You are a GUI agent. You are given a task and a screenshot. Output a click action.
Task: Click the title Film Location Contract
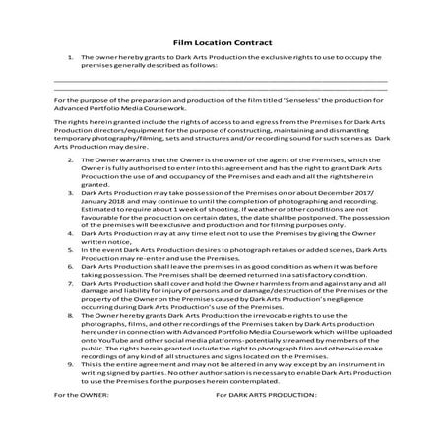223,43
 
